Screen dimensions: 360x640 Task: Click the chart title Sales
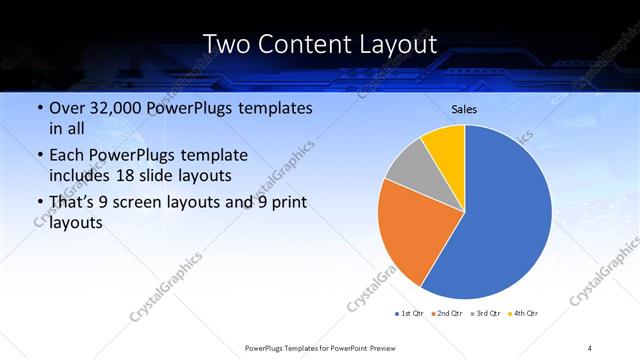464,108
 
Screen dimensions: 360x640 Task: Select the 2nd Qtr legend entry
447,314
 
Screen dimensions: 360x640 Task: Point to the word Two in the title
227,44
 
